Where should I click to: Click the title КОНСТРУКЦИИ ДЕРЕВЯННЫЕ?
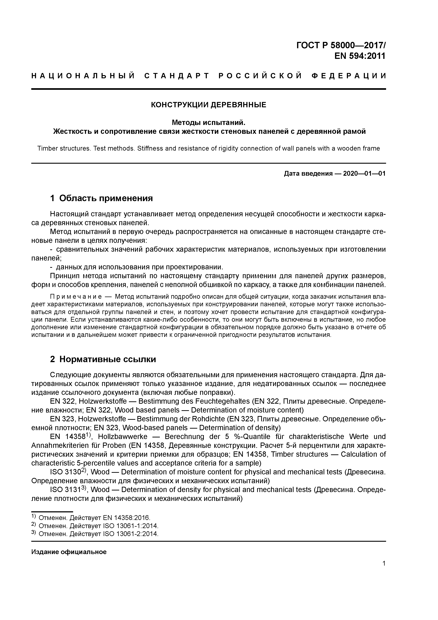pos(208,105)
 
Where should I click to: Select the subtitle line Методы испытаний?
pos(209,123)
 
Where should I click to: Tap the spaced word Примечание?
pos(76,297)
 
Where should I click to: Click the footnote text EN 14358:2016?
pos(126,518)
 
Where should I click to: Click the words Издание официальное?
pos(69,552)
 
